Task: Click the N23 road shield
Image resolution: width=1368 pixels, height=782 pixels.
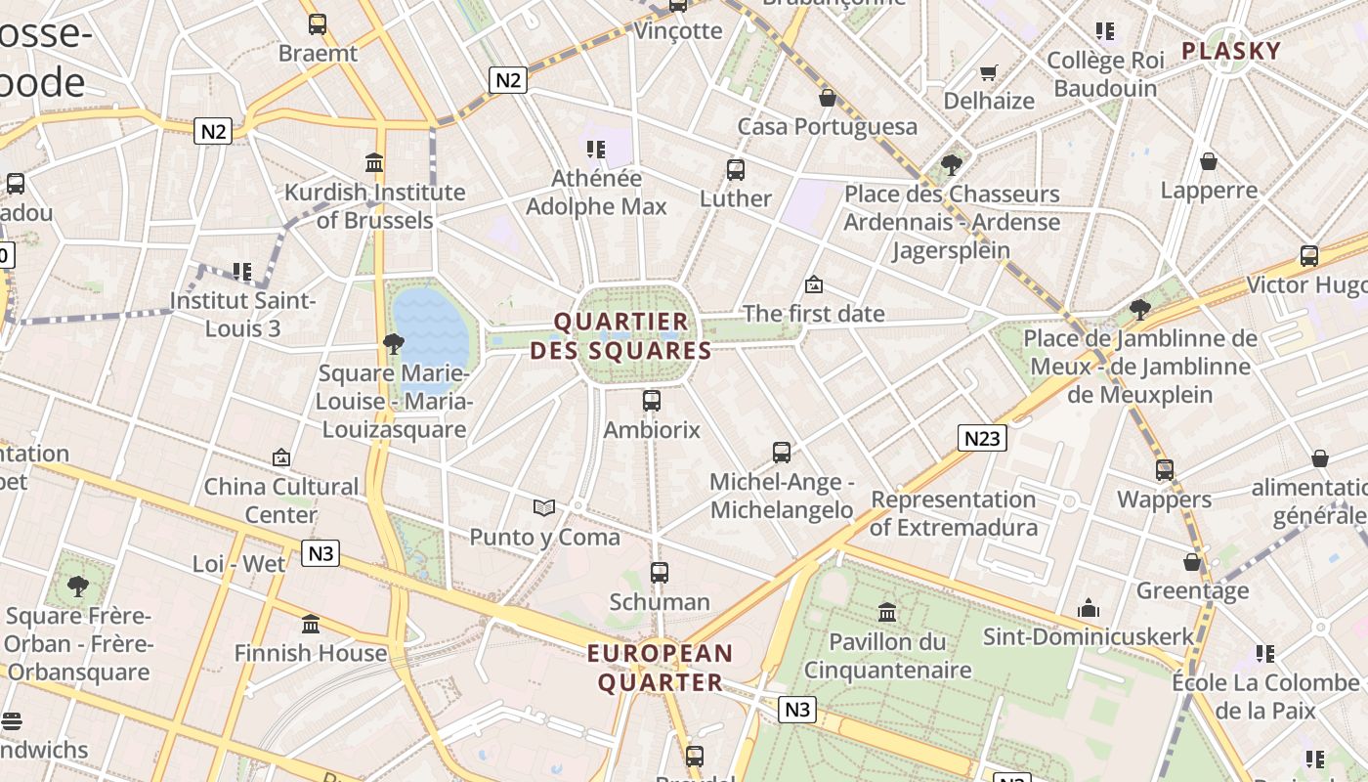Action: pos(981,438)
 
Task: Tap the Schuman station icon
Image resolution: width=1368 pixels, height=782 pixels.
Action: pos(660,573)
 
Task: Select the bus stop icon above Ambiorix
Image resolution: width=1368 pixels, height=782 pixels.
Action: pos(652,400)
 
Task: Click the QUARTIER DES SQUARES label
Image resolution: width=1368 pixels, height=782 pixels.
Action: pos(621,336)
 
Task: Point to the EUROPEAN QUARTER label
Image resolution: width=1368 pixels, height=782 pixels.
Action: pos(661,668)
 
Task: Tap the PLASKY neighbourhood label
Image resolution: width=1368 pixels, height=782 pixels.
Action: pos(1231,51)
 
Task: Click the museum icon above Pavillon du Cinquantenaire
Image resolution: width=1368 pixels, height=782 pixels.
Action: pos(887,613)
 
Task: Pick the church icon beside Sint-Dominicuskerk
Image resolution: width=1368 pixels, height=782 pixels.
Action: pos(1089,609)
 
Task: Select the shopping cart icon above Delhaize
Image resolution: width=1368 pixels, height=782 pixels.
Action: pos(989,72)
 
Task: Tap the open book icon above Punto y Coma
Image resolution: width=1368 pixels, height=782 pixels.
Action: pos(544,507)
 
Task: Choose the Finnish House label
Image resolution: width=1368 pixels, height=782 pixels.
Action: pos(311,653)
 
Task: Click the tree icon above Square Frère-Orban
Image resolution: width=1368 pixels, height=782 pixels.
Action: pos(78,586)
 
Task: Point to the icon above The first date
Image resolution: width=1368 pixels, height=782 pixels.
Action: pos(813,284)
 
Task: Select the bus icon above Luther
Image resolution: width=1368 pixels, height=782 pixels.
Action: pos(736,170)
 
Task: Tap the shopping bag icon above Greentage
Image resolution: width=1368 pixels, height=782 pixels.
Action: pos(1192,562)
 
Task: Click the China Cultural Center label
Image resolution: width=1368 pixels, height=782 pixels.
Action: pos(281,500)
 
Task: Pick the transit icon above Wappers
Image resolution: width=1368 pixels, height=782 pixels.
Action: pos(1165,470)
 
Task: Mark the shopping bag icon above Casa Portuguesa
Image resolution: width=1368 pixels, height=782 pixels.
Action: pos(828,98)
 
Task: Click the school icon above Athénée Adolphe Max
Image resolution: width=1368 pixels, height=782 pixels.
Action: pos(596,150)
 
